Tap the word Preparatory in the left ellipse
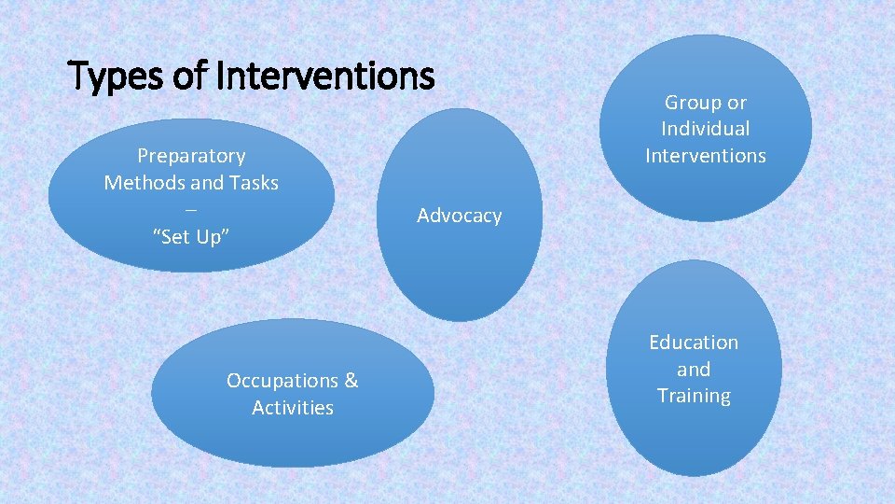click(x=191, y=156)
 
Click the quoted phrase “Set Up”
click(x=191, y=237)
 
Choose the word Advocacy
click(x=459, y=216)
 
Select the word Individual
click(x=705, y=129)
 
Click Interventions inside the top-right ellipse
click(x=705, y=156)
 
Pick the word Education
click(x=693, y=343)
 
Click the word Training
click(x=693, y=396)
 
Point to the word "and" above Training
click(x=693, y=370)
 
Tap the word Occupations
click(x=282, y=381)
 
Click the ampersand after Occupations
click(x=351, y=381)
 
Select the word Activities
click(x=292, y=408)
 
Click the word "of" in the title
click(x=193, y=77)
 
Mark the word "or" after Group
click(x=736, y=103)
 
